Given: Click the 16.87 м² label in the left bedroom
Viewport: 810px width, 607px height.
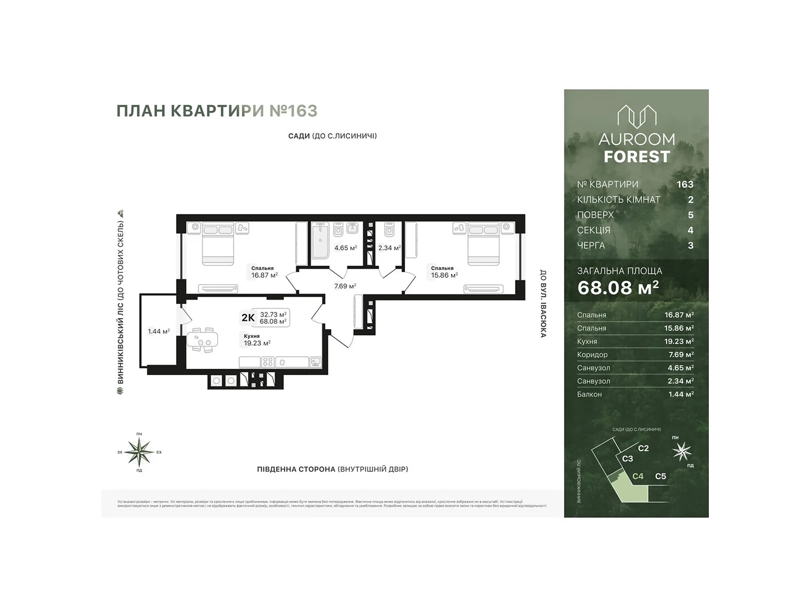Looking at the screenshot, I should [x=264, y=275].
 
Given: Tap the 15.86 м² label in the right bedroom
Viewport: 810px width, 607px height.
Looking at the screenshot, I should [x=444, y=275].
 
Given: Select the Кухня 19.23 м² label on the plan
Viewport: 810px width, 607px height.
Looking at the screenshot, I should [x=257, y=340].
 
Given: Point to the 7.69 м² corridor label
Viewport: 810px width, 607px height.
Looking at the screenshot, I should [x=345, y=286].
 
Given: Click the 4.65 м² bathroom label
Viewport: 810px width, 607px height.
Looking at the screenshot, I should [x=345, y=248].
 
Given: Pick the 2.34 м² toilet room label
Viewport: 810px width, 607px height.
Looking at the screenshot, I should [x=389, y=248].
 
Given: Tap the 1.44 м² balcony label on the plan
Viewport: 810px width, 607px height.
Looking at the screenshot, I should [x=158, y=331].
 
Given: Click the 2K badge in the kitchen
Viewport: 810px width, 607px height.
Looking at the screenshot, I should [x=248, y=318].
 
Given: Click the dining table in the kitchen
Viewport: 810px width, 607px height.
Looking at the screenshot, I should [x=203, y=339].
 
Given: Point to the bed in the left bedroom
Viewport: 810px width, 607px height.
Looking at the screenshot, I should [x=218, y=243].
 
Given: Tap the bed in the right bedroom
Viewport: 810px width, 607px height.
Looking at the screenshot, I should [x=483, y=243].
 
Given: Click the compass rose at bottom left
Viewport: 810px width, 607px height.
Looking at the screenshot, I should [x=139, y=452].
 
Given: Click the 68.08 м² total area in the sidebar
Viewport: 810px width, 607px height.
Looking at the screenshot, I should [x=618, y=287].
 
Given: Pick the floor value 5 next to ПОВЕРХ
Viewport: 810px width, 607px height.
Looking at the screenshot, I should [x=691, y=215].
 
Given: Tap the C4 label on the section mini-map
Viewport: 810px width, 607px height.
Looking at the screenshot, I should [x=638, y=476].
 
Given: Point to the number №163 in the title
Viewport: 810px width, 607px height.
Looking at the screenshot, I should [x=293, y=111].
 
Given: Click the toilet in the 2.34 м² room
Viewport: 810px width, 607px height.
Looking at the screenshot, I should [x=389, y=230].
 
